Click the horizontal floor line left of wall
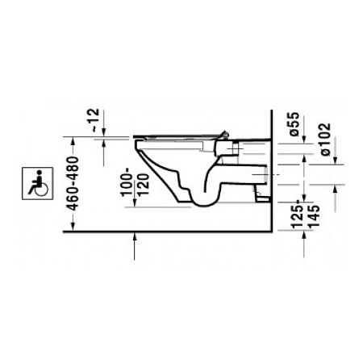point(161,229)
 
